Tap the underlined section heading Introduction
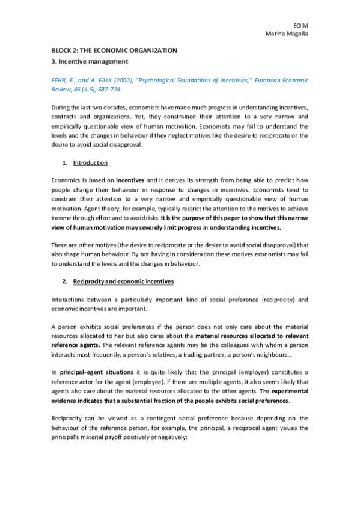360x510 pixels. (x=90, y=163)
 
